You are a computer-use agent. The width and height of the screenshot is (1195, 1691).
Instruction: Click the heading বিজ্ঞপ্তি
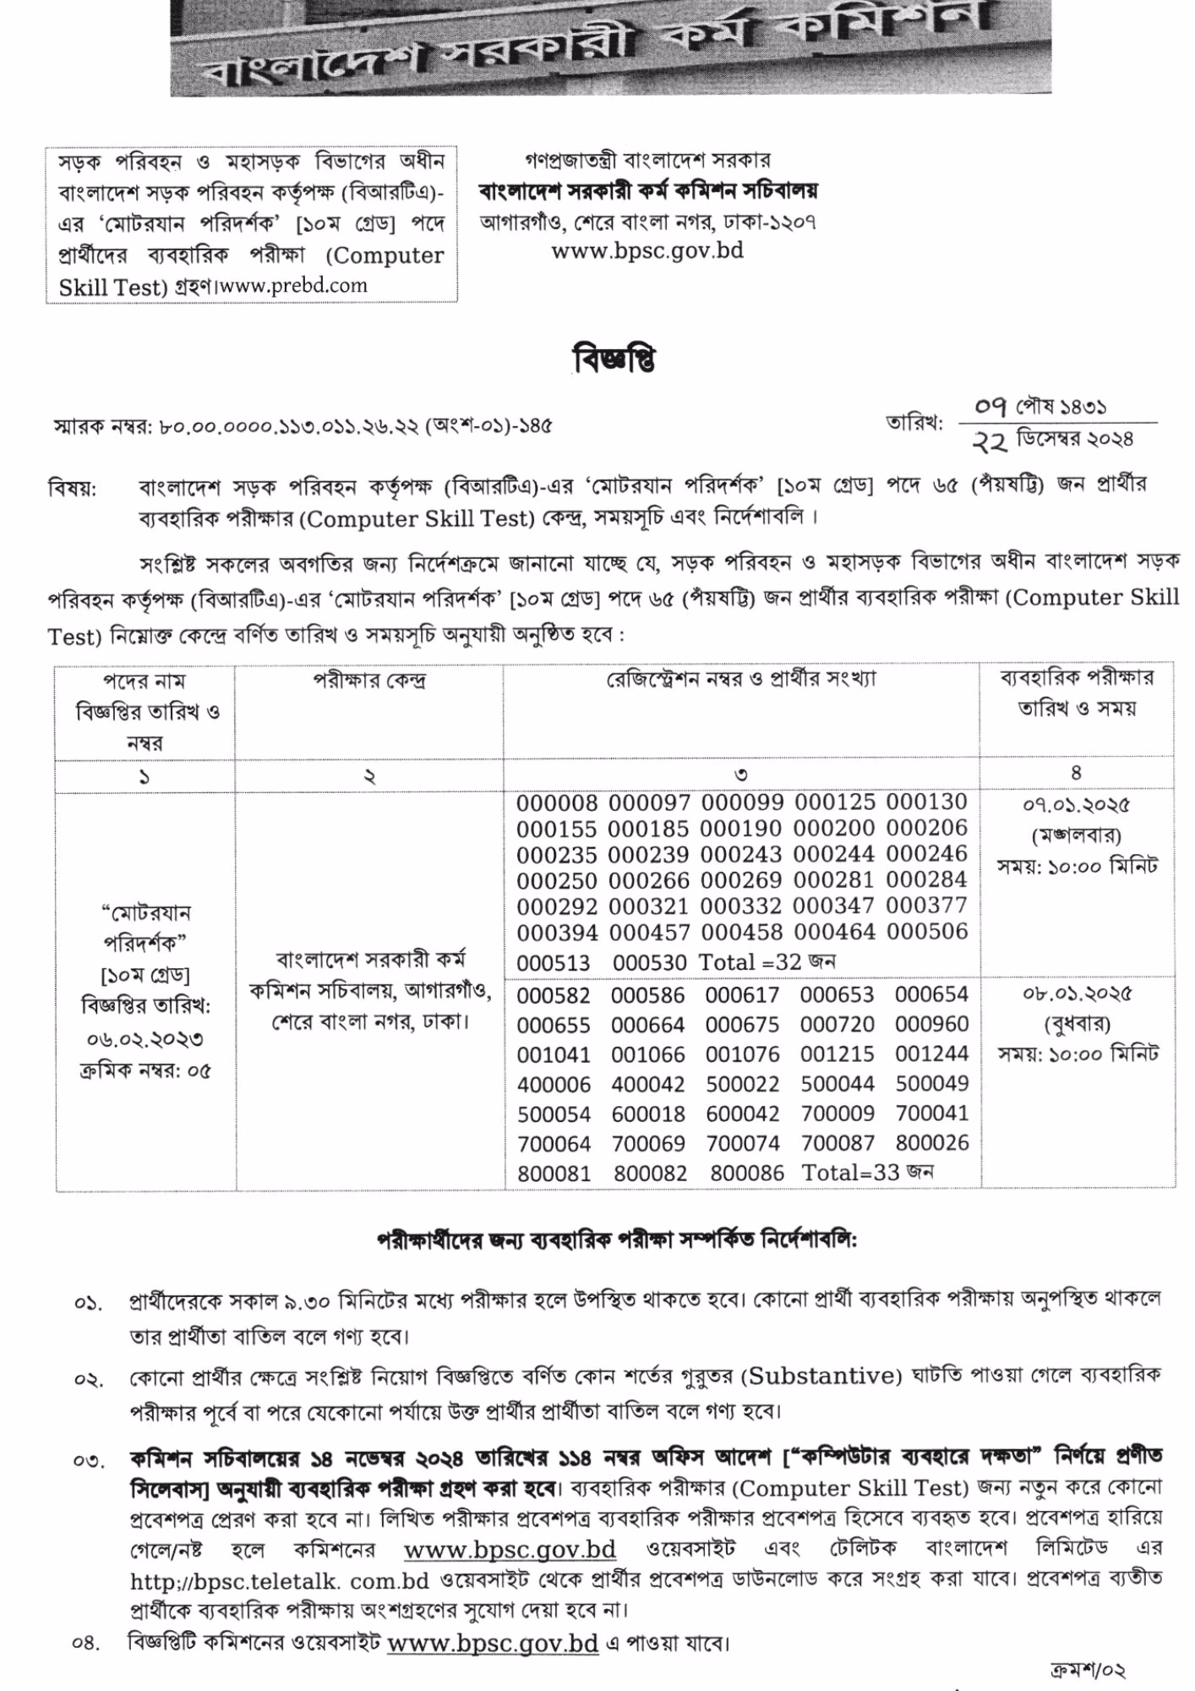pyautogui.click(x=614, y=360)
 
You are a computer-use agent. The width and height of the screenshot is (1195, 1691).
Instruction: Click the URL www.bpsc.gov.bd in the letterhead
pyautogui.click(x=647, y=251)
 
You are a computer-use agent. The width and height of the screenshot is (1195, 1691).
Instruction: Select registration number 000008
pyautogui.click(x=557, y=803)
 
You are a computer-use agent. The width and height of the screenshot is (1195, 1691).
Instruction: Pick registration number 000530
pyautogui.click(x=650, y=962)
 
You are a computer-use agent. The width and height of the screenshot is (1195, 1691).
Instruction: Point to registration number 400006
pyautogui.click(x=554, y=1085)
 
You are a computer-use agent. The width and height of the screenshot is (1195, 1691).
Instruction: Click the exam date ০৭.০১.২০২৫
pyautogui.click(x=1076, y=805)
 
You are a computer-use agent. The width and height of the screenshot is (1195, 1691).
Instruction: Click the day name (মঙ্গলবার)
pyautogui.click(x=1077, y=835)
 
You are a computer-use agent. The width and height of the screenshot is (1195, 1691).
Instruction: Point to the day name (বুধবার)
pyautogui.click(x=1078, y=1024)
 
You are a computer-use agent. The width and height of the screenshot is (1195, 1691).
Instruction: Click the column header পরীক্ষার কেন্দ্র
pyautogui.click(x=369, y=681)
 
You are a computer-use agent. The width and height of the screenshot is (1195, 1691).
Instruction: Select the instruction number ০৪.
pyautogui.click(x=87, y=1644)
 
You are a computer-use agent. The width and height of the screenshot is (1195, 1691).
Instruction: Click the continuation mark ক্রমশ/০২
pyautogui.click(x=1087, y=1670)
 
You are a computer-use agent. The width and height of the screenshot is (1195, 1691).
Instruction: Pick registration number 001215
pyautogui.click(x=838, y=1054)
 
